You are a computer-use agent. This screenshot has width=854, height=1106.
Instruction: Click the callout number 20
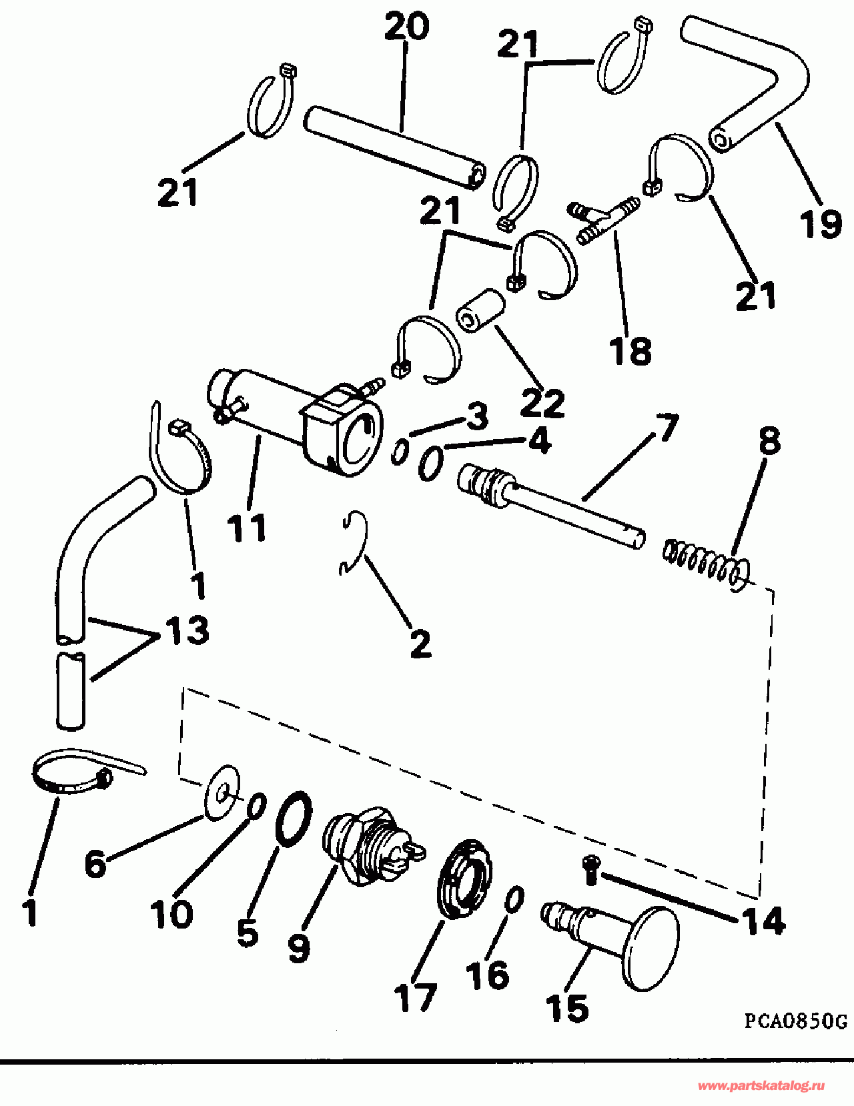[x=406, y=28]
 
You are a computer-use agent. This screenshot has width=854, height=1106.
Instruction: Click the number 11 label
[x=247, y=528]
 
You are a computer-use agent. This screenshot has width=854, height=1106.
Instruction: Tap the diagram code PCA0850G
[x=795, y=1020]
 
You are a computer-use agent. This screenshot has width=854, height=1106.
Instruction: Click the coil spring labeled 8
[x=707, y=564]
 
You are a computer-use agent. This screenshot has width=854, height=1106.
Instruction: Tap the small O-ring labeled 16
[x=514, y=899]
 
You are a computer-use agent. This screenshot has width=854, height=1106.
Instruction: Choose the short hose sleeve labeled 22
[x=480, y=309]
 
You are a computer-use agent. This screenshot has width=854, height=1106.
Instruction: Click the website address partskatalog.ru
[x=761, y=1086]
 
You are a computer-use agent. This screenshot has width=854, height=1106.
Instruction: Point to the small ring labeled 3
[x=400, y=452]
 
